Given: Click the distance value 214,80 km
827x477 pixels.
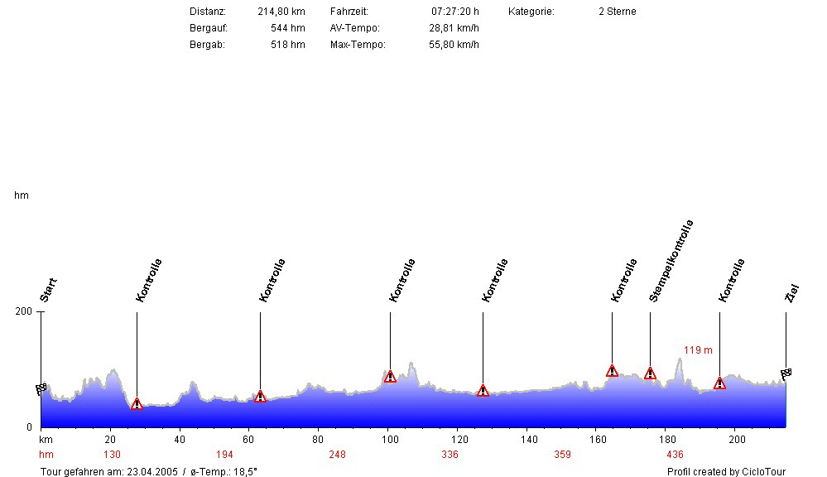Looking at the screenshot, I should (281, 12).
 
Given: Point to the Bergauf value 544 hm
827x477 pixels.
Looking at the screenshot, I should (288, 28).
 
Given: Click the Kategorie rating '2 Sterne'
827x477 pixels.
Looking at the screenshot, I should (617, 12).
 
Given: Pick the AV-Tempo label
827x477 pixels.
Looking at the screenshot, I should (354, 28).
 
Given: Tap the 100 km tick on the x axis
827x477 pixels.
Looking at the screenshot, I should (387, 439).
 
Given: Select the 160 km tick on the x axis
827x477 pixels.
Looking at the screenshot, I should (598, 439).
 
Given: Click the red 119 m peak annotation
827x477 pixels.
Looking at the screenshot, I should (698, 350).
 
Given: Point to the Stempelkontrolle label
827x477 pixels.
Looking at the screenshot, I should (671, 260).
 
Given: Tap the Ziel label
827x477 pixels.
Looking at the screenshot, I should (792, 292).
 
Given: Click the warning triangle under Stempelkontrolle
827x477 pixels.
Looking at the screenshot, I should (650, 373).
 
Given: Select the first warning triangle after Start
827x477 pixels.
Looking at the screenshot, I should (137, 403).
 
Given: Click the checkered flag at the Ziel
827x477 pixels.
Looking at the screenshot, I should (786, 373).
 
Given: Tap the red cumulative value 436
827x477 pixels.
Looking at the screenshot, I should (675, 455).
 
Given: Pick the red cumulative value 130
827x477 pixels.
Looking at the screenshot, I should (112, 455).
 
